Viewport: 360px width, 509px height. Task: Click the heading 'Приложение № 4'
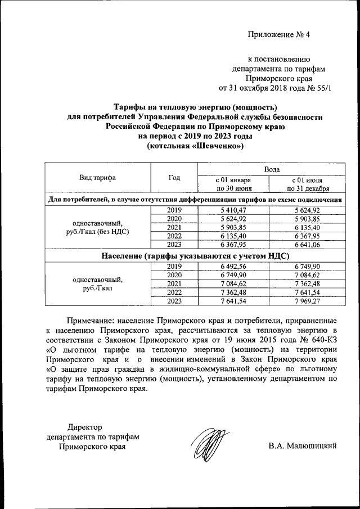(280, 35)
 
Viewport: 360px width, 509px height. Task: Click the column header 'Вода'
(269, 168)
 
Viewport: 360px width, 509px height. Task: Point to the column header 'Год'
(174, 178)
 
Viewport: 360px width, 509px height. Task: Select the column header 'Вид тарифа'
(98, 178)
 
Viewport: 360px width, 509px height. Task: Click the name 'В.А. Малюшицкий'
(303, 447)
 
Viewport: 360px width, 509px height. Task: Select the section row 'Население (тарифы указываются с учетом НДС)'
(194, 255)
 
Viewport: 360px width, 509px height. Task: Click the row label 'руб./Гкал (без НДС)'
(98, 231)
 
